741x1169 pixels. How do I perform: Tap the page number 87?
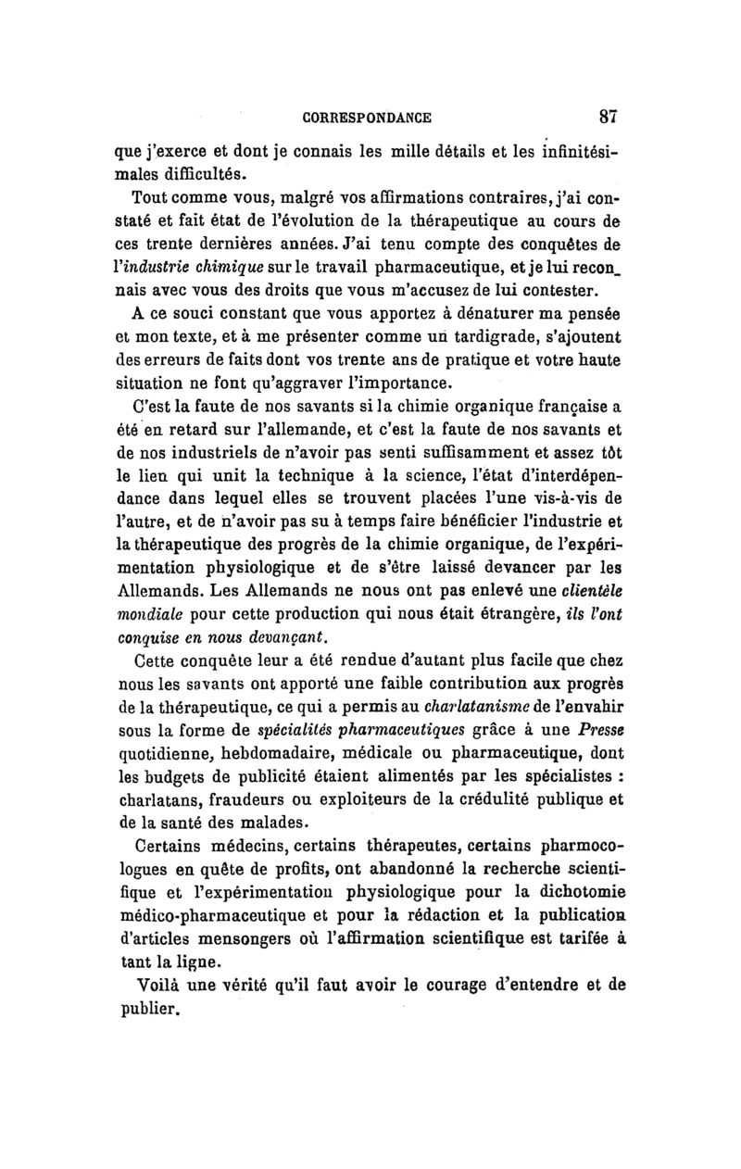point(609,118)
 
